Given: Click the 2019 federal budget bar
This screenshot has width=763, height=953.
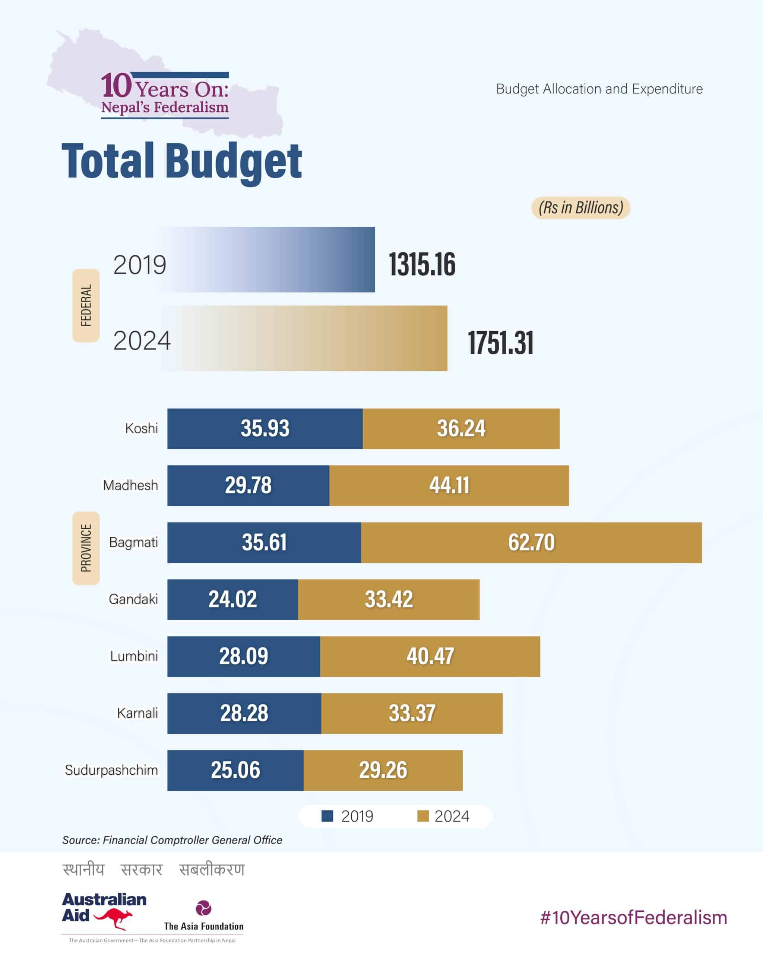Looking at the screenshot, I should (267, 259).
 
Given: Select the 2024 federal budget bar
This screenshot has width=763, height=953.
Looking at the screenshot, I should (304, 338).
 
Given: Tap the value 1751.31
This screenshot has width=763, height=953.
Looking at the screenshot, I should (500, 342).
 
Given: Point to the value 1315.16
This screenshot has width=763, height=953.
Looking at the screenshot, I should (422, 264).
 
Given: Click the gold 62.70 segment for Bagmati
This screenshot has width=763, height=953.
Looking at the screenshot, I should (531, 542).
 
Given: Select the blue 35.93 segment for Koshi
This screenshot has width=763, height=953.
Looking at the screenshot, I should (265, 428).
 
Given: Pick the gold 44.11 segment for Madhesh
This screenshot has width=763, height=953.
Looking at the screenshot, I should (449, 485).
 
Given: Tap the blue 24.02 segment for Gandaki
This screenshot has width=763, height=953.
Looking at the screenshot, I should (232, 599).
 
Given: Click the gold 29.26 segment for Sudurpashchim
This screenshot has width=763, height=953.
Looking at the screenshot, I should (383, 770).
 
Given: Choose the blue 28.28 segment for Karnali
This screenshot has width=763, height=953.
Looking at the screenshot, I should (244, 713).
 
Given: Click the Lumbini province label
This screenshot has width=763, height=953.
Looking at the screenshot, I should (134, 656).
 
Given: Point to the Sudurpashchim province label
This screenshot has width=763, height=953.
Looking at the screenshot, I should (111, 770).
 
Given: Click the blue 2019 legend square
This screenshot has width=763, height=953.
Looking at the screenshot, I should (327, 816).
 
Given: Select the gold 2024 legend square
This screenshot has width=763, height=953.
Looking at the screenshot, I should (423, 816).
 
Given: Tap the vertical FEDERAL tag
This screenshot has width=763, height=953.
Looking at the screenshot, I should (86, 305).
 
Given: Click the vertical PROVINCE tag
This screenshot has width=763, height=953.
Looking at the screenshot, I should (86, 548).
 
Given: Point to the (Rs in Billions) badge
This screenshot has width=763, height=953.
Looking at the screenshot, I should (580, 208).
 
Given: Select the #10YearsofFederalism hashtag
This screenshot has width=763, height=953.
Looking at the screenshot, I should (633, 918).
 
